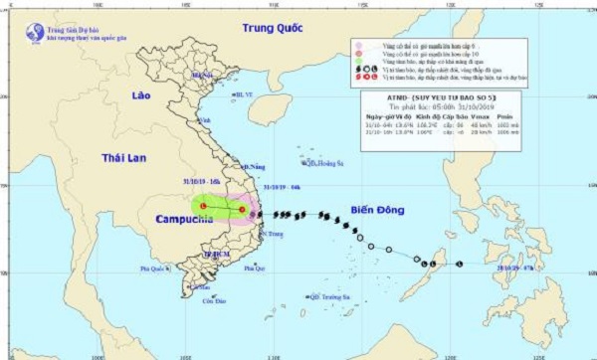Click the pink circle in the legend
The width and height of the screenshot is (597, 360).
(358, 47)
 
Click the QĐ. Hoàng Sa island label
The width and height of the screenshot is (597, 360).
(319, 164)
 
